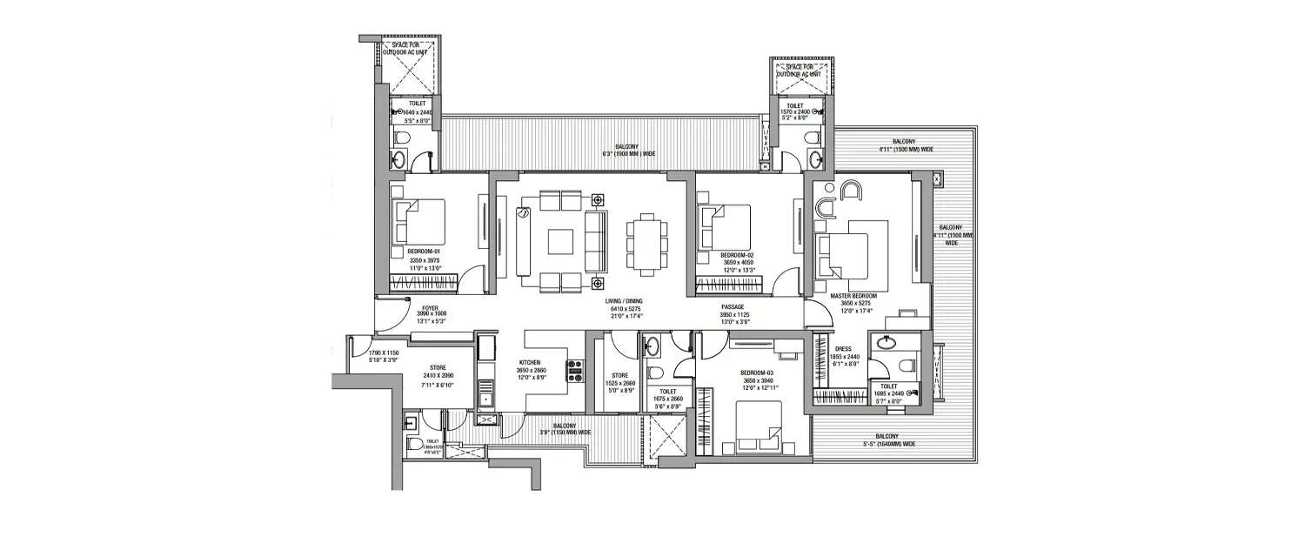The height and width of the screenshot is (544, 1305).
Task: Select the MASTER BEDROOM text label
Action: coord(853,296)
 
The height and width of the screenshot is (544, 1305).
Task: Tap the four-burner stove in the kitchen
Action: coord(575,372)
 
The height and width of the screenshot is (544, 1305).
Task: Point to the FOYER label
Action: coord(429,308)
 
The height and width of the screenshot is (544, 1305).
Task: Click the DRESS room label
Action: coord(842,349)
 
